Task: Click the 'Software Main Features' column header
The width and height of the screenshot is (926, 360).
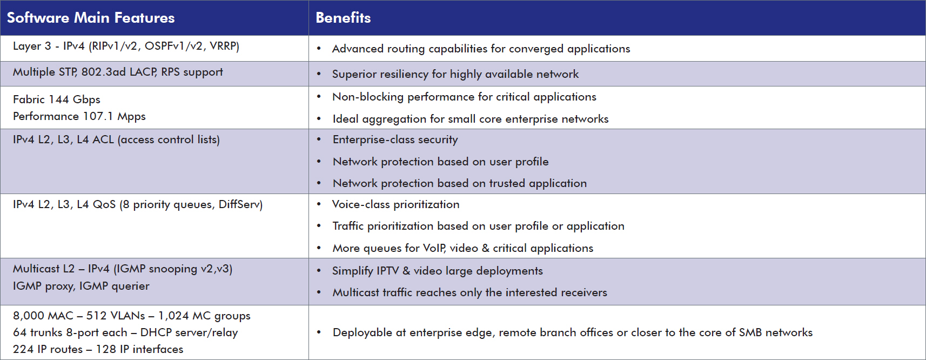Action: [91, 18]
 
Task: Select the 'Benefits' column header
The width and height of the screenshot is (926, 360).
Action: [343, 18]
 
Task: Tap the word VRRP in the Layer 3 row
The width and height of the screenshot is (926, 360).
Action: [224, 46]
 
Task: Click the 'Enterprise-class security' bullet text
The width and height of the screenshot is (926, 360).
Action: [395, 140]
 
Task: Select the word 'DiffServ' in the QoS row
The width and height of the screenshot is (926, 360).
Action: [240, 204]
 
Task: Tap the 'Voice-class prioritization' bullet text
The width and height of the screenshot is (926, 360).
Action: [395, 204]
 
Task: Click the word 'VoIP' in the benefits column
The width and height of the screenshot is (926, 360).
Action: [434, 248]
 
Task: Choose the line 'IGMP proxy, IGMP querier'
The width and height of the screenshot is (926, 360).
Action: [81, 286]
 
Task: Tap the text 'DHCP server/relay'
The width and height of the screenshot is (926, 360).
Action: [189, 332]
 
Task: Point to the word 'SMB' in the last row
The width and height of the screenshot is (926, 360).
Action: [750, 332]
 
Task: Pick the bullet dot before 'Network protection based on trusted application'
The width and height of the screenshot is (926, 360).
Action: [319, 183]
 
